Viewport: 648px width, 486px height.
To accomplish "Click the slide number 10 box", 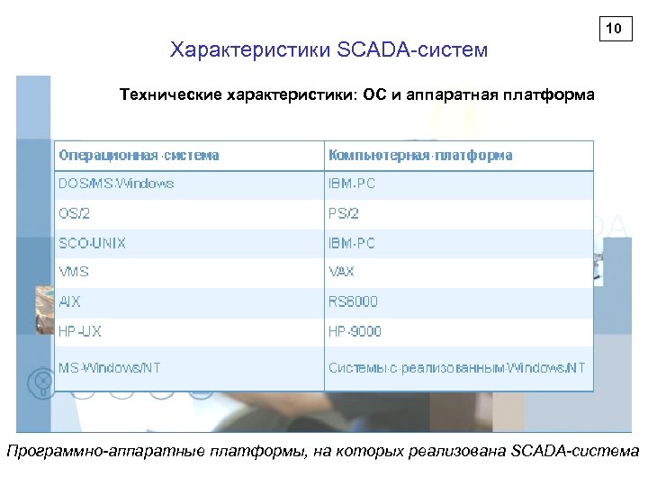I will coord(615,30).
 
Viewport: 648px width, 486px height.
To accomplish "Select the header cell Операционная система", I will coord(139,155).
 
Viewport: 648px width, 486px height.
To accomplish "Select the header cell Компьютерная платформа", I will coord(420,155).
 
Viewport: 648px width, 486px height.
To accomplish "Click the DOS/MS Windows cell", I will coord(117,184).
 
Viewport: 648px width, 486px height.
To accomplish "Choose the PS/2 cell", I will coord(343,213).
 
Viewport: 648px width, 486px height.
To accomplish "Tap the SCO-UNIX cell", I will coord(93,243).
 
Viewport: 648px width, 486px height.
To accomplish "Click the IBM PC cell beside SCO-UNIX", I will coord(352,243).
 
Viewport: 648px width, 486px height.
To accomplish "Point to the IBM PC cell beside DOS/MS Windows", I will coord(352,184).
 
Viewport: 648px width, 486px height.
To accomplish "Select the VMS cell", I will coord(74,272).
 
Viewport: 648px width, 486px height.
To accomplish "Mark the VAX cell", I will coord(342,272).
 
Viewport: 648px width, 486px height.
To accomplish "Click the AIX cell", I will coord(70,301).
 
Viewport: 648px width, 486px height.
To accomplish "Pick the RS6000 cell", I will coord(353,301).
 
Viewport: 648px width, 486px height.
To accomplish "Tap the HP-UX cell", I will coord(80,331).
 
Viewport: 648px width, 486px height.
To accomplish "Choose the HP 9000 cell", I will coord(355,331).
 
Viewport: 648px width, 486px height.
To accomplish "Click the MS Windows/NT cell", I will coord(110,367).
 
